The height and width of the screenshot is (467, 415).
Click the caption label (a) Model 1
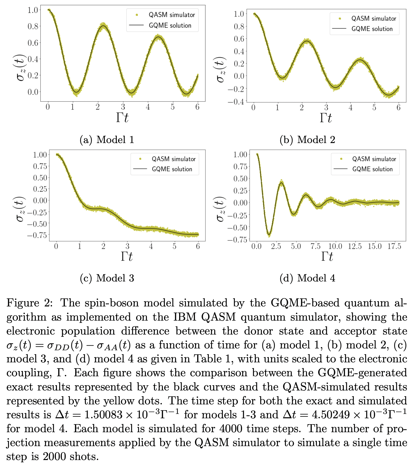[x=107, y=140]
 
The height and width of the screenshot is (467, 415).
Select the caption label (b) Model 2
[x=307, y=140]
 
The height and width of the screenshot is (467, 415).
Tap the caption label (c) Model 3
[x=107, y=278]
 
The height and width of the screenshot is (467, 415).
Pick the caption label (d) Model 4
[x=307, y=278]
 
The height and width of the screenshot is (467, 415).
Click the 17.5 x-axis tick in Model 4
[x=394, y=246]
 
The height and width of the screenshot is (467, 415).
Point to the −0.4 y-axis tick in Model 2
[x=236, y=102]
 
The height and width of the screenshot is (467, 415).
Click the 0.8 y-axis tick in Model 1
[x=33, y=26]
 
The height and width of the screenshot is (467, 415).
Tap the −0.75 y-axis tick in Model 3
[x=37, y=235]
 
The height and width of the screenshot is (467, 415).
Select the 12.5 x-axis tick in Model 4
[x=355, y=246]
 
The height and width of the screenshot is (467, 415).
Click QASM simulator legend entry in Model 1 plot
[x=172, y=15]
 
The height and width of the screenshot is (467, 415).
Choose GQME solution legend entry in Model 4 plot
[x=372, y=169]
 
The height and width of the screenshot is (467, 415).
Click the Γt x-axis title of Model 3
[x=127, y=256]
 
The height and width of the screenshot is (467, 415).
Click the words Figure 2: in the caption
[x=30, y=303]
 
